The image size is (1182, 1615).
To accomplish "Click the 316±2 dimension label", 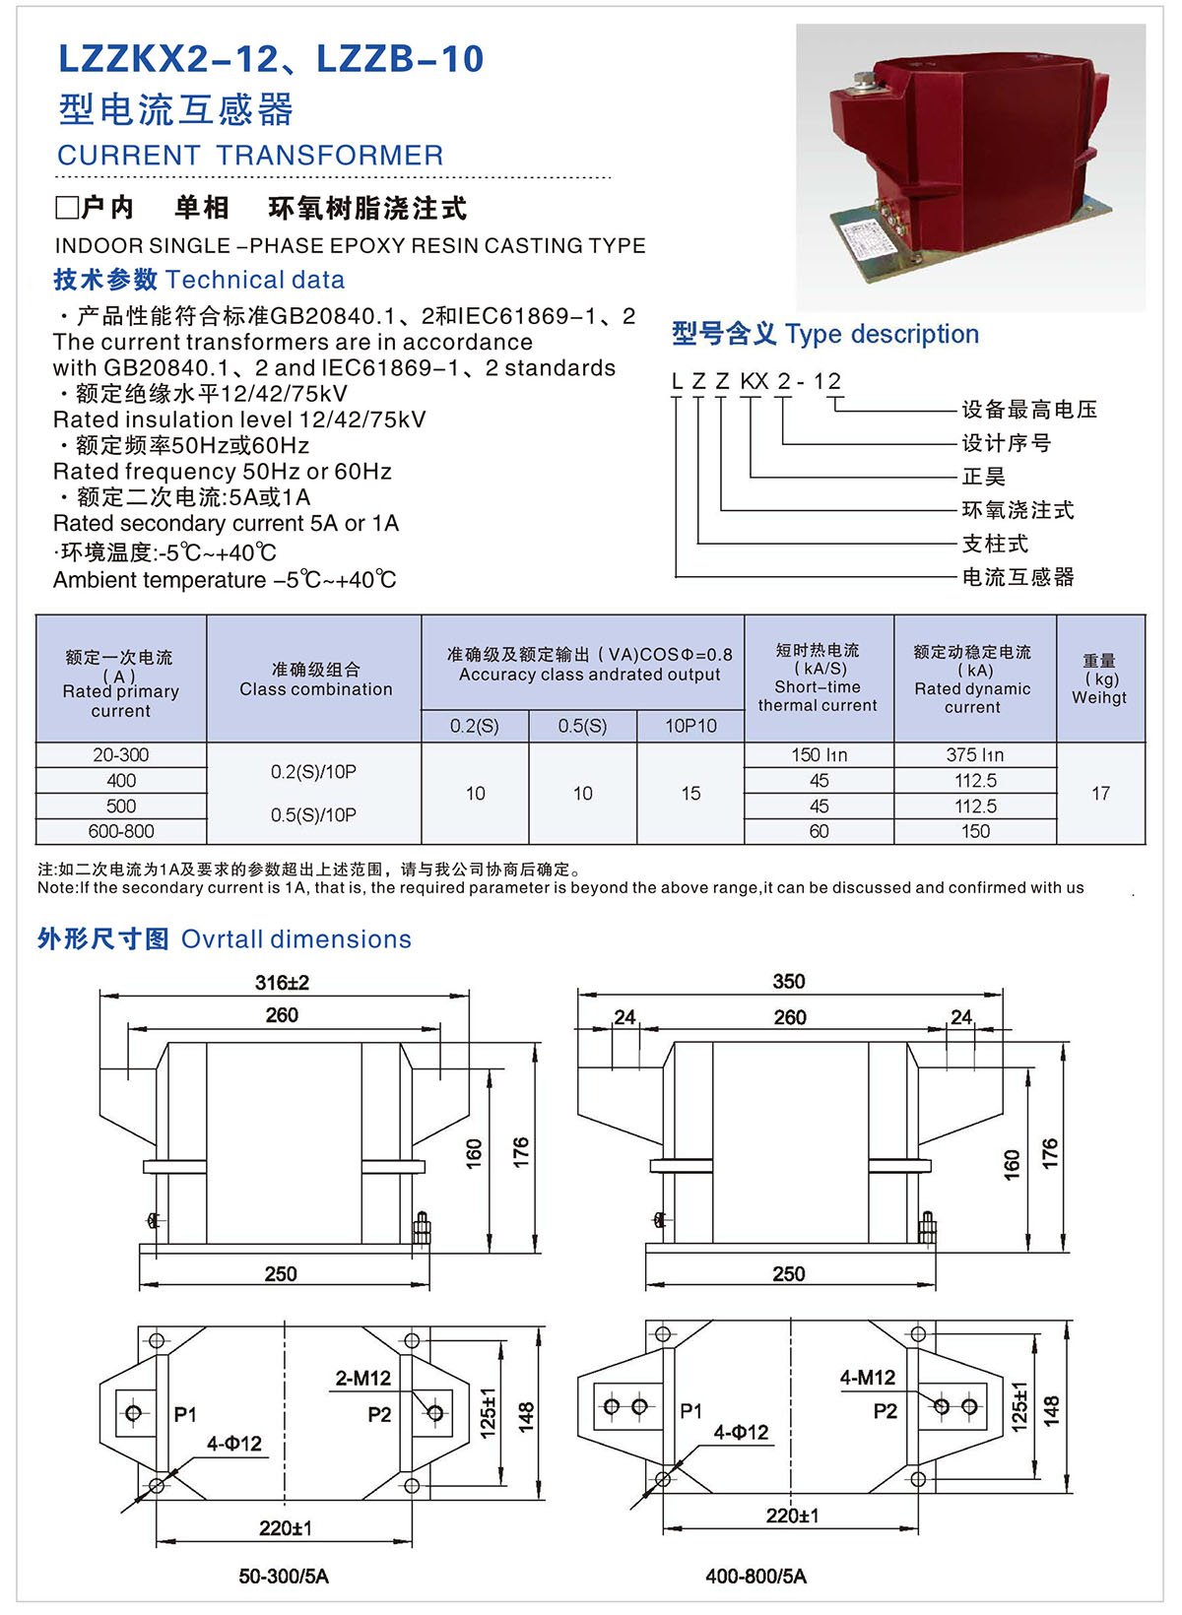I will click(x=282, y=983).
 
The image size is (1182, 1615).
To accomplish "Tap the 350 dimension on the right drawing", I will click(x=788, y=982).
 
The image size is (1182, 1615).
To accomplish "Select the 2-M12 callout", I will click(x=362, y=1379).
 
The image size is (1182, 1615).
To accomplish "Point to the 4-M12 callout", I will click(x=867, y=1378).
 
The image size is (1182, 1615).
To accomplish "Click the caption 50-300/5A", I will click(x=284, y=1577).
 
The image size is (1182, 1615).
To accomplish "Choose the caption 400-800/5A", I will click(x=755, y=1577).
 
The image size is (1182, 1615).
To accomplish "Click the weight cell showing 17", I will click(x=1100, y=794).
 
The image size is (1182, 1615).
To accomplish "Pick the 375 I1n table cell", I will click(x=974, y=755).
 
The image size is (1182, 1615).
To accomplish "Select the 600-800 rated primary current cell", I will click(x=121, y=832).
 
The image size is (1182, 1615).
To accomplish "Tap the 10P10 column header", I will click(x=690, y=727).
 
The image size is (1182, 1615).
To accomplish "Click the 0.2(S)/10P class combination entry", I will click(x=313, y=773).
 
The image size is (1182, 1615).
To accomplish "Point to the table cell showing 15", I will click(x=690, y=794).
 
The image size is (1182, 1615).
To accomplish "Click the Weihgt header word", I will click(x=1099, y=698).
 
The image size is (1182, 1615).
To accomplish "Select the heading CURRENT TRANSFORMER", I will click(x=250, y=156).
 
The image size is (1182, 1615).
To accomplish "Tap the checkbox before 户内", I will click(x=67, y=208).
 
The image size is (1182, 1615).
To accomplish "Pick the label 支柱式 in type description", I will click(x=995, y=544).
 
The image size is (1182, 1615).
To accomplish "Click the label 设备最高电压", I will click(x=1029, y=410).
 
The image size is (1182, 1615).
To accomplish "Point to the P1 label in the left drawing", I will click(x=185, y=1415).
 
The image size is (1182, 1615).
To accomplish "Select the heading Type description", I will click(x=882, y=335).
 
